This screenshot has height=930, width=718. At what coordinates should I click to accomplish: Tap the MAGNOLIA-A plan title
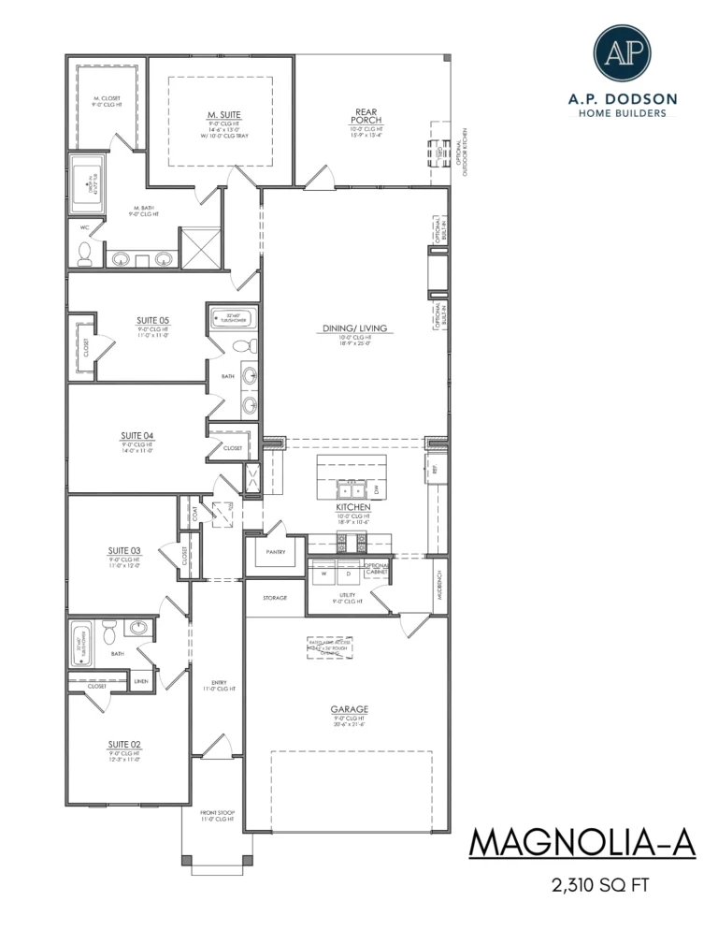pyautogui.click(x=582, y=842)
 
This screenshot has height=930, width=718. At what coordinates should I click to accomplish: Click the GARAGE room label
pyautogui.click(x=347, y=709)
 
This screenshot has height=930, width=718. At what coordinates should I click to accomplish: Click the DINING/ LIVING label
pyautogui.click(x=355, y=328)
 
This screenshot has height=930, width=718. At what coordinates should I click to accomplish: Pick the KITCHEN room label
pyautogui.click(x=354, y=506)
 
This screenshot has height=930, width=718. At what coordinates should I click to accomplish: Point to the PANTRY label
pyautogui.click(x=275, y=552)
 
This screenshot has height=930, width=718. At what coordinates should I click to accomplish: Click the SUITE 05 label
pyautogui.click(x=152, y=319)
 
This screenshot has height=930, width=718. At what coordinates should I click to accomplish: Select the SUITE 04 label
pyautogui.click(x=136, y=435)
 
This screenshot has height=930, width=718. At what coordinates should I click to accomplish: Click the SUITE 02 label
pyautogui.click(x=123, y=745)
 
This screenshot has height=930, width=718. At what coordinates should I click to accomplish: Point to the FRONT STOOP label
pyautogui.click(x=216, y=812)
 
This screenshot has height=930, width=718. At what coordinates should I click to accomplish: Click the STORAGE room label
pyautogui.click(x=275, y=597)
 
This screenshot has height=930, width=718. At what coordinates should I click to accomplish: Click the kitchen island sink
pyautogui.click(x=352, y=489)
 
